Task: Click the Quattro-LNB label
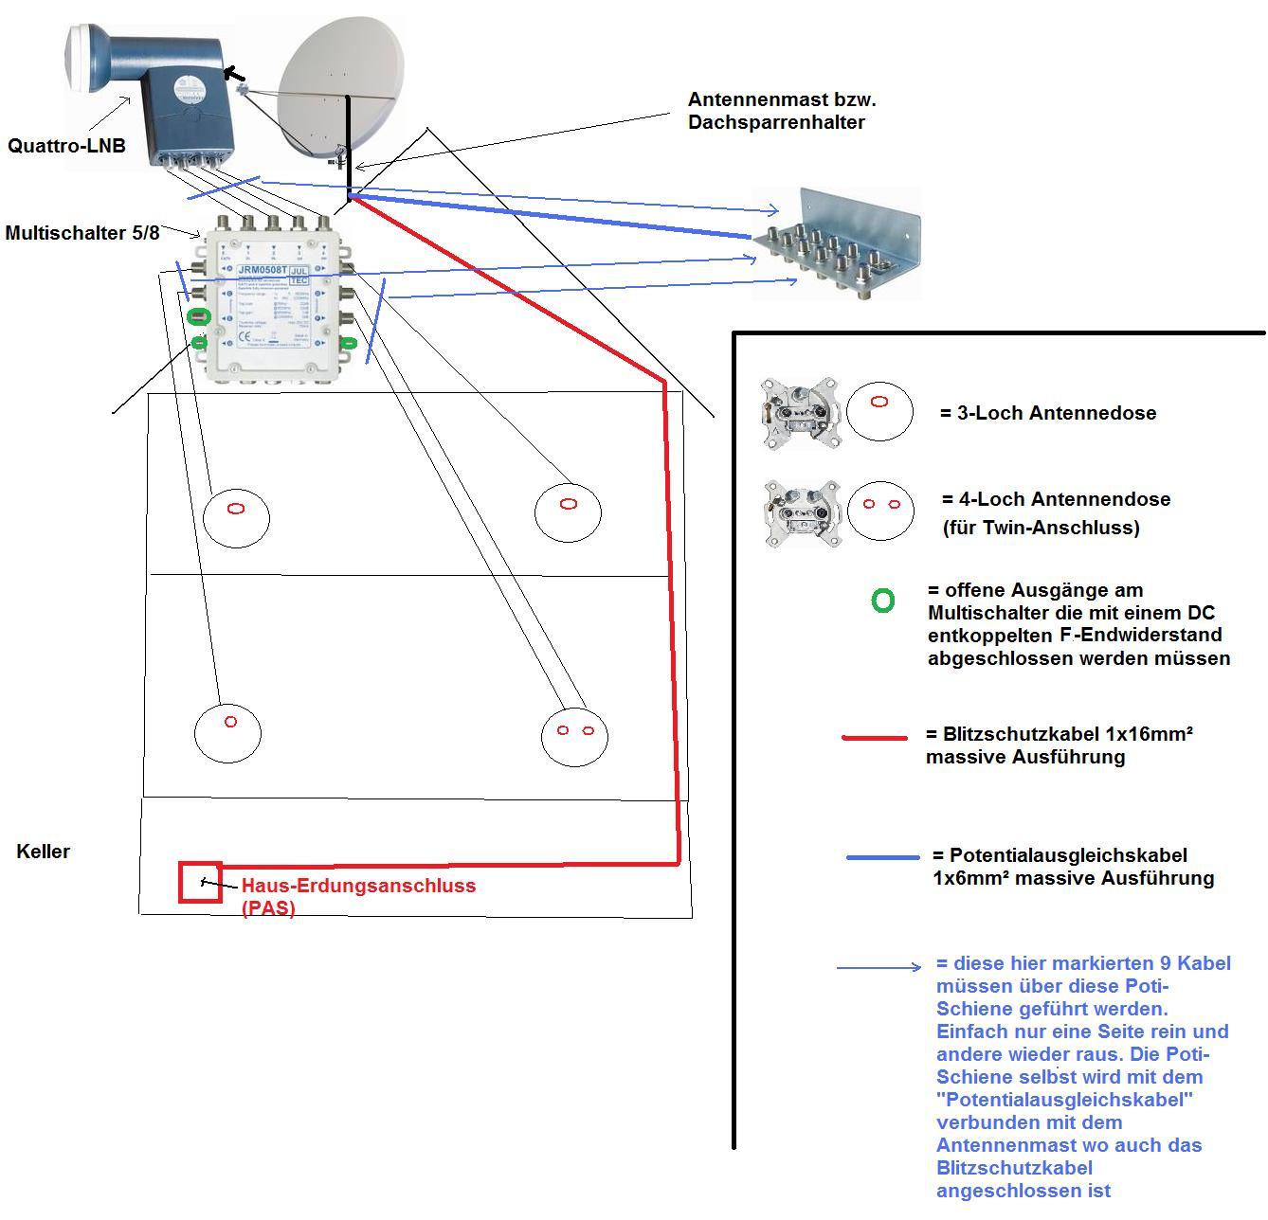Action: click(66, 146)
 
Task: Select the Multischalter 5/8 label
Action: click(82, 232)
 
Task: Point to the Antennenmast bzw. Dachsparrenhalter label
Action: click(775, 110)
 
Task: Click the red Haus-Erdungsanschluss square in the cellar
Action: click(201, 882)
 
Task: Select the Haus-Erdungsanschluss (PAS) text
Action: click(358, 895)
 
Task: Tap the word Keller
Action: click(44, 851)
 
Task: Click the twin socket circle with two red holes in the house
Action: click(574, 734)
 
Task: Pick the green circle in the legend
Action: click(882, 601)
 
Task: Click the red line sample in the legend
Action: click(875, 736)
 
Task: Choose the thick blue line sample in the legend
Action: click(882, 857)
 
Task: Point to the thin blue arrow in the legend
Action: click(879, 967)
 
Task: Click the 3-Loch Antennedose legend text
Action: click(1048, 413)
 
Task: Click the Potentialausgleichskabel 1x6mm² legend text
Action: click(1073, 866)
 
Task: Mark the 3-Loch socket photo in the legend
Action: click(800, 412)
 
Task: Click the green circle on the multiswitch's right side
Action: click(349, 343)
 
